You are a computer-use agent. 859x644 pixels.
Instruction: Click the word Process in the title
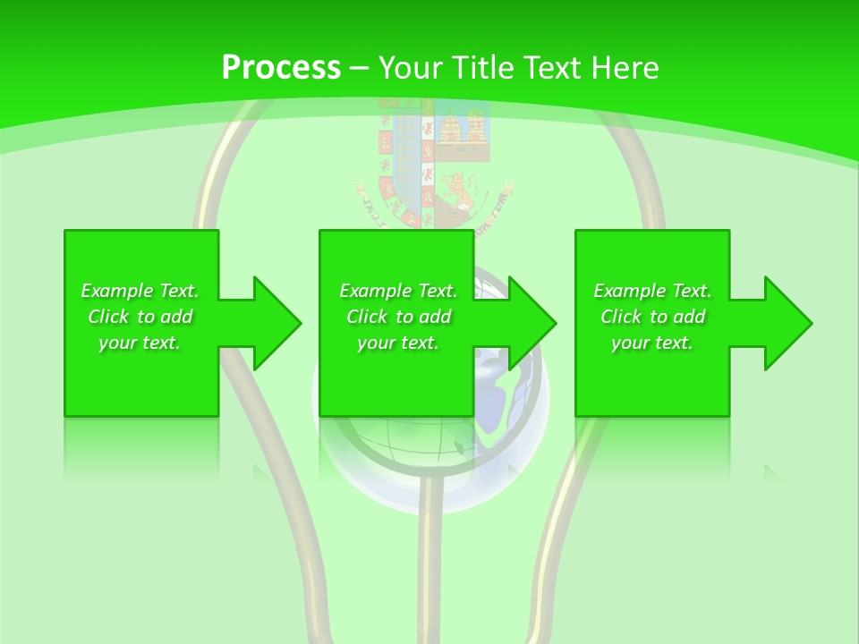(281, 68)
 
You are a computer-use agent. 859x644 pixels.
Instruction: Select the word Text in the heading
(553, 68)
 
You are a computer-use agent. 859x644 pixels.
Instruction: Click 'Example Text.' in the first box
(140, 291)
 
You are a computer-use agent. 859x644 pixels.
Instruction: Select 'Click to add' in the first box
(140, 317)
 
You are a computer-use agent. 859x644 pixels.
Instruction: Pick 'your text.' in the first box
(140, 343)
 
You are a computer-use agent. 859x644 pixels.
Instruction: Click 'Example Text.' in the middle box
(398, 291)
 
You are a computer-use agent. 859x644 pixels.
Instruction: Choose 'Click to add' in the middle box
(398, 317)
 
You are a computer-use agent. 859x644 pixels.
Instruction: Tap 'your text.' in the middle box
(398, 343)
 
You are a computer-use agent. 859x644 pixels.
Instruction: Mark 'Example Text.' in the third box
(652, 291)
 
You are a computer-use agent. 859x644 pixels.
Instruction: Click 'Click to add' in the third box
(652, 317)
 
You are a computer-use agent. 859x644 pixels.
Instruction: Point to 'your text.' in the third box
(652, 343)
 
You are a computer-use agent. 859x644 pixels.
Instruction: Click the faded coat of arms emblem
(435, 161)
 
